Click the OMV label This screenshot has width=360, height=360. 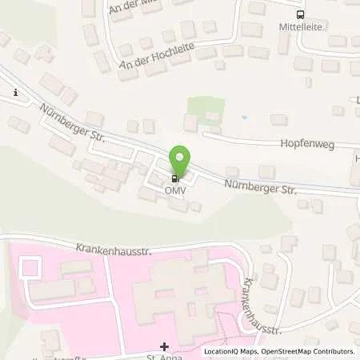[x=175, y=190]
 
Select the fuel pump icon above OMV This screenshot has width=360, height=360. [x=174, y=178]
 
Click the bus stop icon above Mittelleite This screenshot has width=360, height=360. [x=300, y=14]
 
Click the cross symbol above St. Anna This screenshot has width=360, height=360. [x=165, y=346]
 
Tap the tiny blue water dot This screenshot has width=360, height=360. [x=244, y=118]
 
